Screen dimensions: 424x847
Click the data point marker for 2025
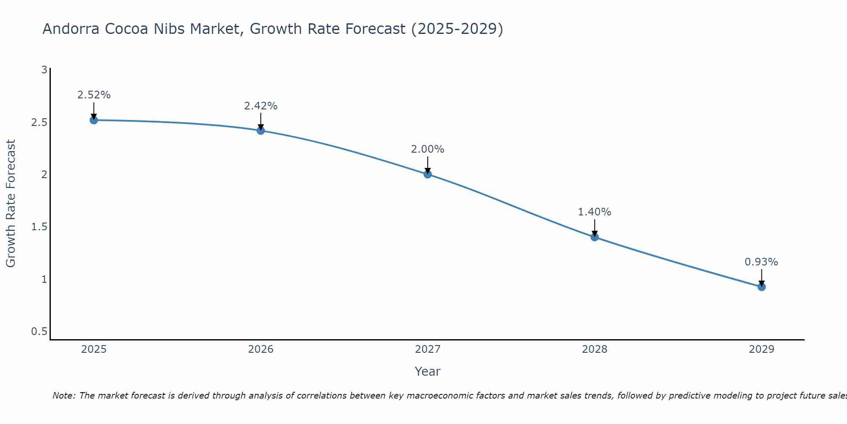point(94,120)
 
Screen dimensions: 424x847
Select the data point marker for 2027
point(428,174)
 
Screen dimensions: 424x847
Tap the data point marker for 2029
point(761,287)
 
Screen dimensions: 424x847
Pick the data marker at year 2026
point(261,131)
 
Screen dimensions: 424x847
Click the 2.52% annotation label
point(94,95)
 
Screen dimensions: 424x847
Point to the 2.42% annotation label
point(261,106)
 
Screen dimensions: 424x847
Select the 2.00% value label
point(428,149)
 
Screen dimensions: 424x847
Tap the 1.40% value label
point(595,212)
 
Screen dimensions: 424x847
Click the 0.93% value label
point(761,262)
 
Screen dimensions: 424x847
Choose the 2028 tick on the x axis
point(595,349)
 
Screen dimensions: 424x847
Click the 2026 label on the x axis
point(261,349)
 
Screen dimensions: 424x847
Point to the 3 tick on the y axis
point(44,70)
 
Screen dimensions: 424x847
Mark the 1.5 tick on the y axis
point(39,227)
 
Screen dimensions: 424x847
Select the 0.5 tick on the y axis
point(39,331)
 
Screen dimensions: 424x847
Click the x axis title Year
point(428,371)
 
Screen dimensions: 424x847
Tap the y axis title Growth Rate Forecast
point(11,204)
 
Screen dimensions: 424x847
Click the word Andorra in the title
point(71,29)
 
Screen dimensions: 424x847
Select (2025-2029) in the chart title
point(457,29)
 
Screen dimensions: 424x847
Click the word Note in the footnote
point(64,396)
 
